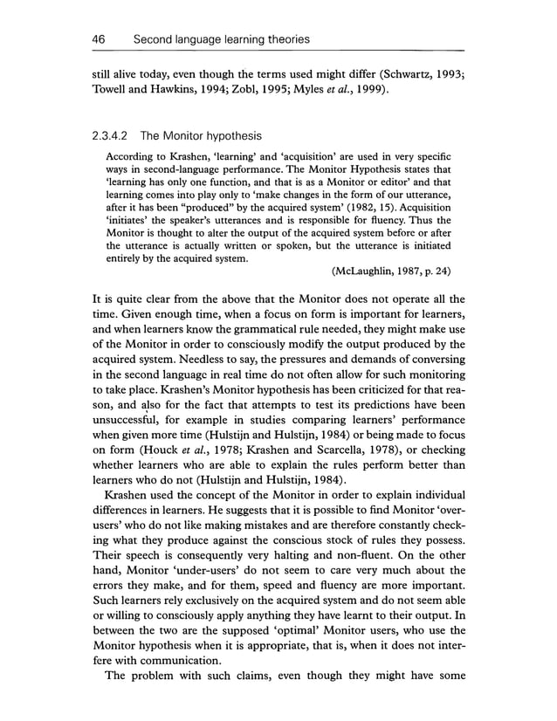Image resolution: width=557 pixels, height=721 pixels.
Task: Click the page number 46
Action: [99, 39]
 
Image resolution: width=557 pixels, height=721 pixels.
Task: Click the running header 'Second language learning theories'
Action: [221, 39]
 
